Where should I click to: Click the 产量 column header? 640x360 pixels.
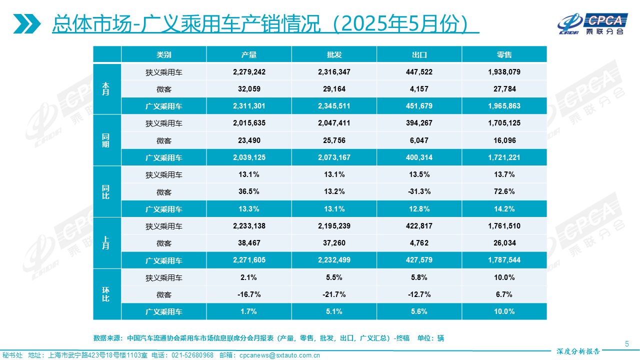(x=249, y=54)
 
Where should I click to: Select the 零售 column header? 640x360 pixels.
(x=504, y=54)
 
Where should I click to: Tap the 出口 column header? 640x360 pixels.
(x=419, y=54)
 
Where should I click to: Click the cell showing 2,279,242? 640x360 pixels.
(x=249, y=72)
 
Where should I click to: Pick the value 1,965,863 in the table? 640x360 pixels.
(x=504, y=106)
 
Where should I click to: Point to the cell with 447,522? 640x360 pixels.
(x=419, y=72)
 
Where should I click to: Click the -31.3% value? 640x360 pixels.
(x=419, y=192)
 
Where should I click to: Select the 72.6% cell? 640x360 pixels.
(x=504, y=192)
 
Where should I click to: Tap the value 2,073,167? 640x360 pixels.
(x=334, y=157)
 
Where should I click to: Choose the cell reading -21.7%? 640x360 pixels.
(x=334, y=294)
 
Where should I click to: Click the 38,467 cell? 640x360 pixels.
(x=249, y=243)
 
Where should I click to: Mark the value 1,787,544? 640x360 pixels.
(x=504, y=260)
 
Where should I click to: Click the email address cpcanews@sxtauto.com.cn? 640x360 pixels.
(x=279, y=355)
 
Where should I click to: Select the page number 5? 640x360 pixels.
(x=627, y=343)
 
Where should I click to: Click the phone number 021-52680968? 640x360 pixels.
(x=192, y=355)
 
